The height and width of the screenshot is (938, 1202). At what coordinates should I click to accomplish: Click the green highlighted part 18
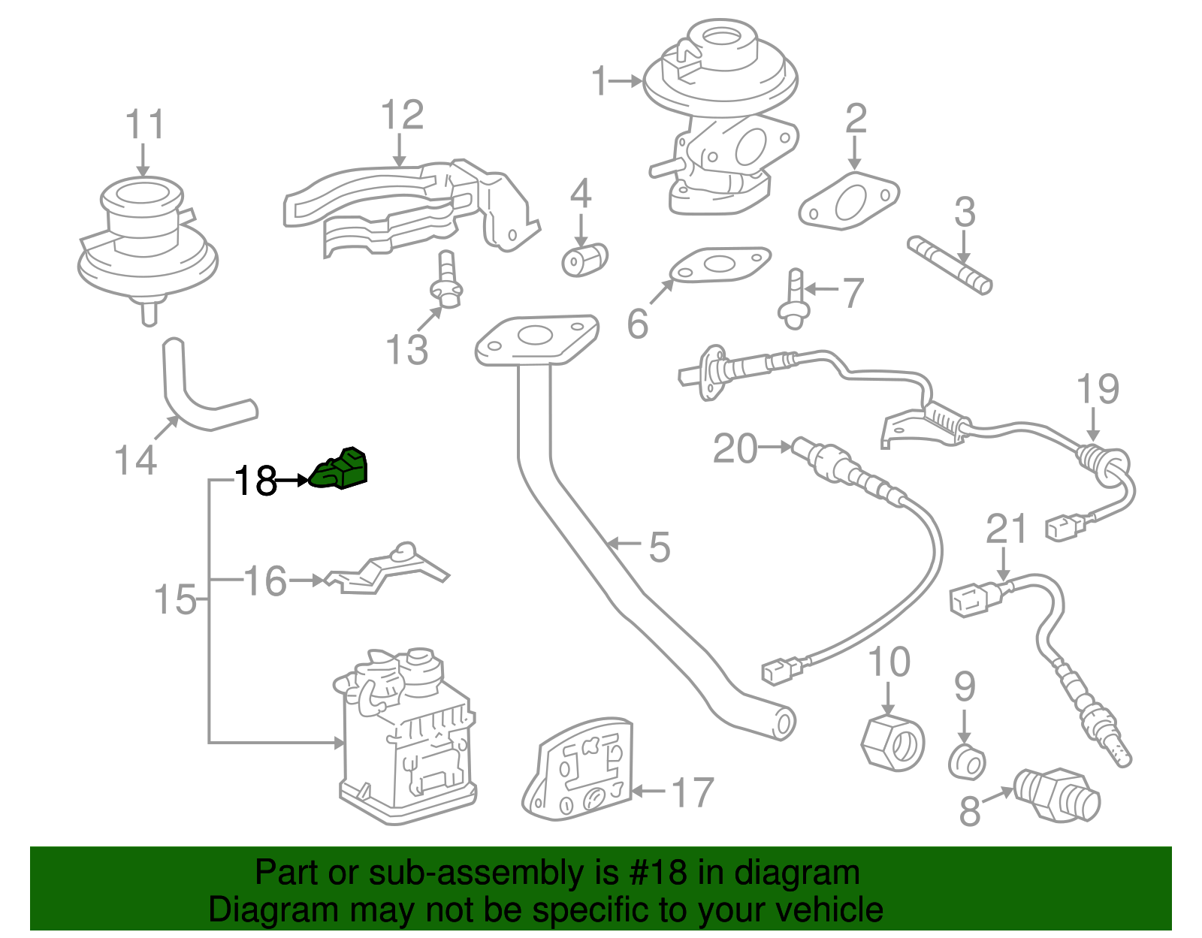[x=340, y=470]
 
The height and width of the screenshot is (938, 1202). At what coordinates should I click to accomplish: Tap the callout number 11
[x=144, y=125]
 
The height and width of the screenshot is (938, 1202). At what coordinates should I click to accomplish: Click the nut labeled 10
[x=892, y=743]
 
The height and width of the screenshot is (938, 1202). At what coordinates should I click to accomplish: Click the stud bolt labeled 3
[x=950, y=265]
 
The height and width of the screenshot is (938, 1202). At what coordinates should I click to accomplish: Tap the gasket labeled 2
[x=849, y=200]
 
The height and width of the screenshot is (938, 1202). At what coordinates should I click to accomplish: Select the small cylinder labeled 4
[x=584, y=260]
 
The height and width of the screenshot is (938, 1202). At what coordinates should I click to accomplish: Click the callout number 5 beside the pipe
[x=659, y=547]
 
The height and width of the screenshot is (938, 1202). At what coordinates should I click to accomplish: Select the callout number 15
[x=175, y=600]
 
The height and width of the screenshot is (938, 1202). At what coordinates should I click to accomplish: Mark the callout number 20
[x=735, y=448]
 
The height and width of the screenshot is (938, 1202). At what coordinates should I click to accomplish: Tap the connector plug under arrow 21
[x=975, y=599]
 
